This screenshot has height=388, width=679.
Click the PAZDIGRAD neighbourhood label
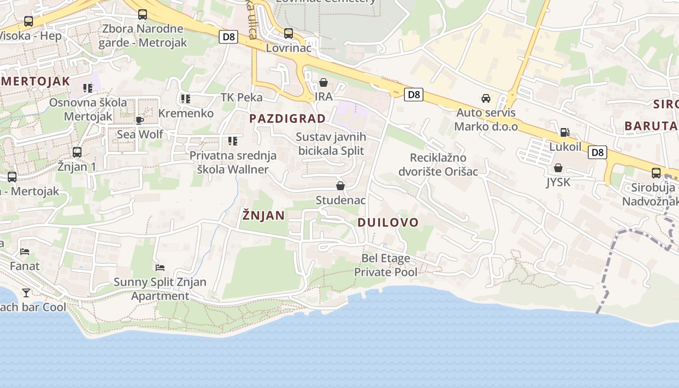tap(288, 119)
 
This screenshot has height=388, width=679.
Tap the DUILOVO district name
tap(388, 223)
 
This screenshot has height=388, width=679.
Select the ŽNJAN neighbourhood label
tap(263, 215)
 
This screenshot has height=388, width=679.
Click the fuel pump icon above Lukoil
tap(565, 132)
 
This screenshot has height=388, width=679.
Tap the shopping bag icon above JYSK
tap(558, 168)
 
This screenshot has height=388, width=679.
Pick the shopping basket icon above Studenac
tap(340, 186)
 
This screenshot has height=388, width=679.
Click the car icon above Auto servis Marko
tap(486, 98)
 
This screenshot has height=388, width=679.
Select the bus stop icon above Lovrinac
tap(289, 33)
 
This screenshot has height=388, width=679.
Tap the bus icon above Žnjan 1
tap(77, 152)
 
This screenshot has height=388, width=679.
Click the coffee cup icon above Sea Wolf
tap(140, 120)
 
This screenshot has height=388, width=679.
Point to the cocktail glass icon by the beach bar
tap(26, 292)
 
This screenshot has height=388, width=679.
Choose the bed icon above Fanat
tap(25, 251)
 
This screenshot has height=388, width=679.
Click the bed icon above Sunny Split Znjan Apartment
tap(160, 267)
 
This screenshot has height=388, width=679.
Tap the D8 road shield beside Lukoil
tap(598, 152)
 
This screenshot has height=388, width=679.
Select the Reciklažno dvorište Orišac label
tap(438, 164)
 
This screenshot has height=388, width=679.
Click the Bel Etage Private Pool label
tap(386, 265)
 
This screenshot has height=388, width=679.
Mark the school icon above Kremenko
tap(185, 99)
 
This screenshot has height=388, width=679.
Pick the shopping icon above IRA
tap(323, 82)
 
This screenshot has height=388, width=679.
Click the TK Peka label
tap(242, 97)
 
